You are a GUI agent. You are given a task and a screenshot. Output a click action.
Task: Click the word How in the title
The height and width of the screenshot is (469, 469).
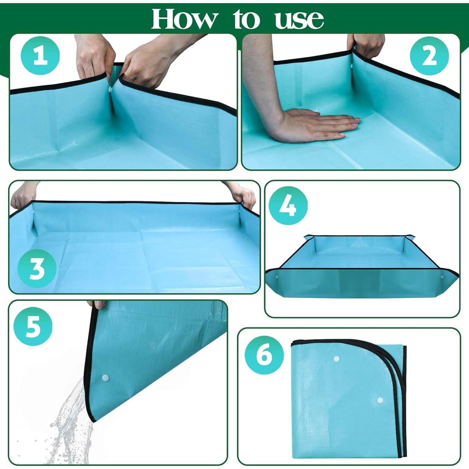tap(184, 19)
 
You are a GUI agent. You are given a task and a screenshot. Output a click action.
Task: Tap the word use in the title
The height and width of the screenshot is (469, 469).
tap(299, 20)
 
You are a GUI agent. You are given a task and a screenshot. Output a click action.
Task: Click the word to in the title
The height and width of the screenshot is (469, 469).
tap(246, 19)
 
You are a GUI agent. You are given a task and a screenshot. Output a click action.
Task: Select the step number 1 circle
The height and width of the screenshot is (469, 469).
tap(40, 56)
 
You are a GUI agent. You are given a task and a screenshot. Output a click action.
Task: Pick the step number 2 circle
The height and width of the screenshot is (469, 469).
tap(429, 56)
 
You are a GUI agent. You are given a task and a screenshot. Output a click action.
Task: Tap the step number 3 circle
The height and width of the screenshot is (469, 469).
tap(37, 269)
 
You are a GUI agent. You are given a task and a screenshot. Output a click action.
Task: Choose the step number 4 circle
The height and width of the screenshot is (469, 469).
tap(288, 205)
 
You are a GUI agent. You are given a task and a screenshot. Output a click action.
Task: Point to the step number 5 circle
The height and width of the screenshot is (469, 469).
tap(33, 326)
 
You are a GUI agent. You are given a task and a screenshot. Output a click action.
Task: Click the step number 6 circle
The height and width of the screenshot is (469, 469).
tap(264, 355)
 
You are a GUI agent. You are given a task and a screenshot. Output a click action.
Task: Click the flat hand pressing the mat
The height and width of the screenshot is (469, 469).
tap(313, 125)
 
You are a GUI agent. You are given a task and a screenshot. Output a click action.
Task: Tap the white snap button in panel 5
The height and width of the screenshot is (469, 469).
tap(105, 378)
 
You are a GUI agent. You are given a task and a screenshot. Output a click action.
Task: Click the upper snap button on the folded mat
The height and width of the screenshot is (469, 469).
tap(336, 359)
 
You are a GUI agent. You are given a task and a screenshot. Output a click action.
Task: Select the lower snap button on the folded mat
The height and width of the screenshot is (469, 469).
tap(380, 400)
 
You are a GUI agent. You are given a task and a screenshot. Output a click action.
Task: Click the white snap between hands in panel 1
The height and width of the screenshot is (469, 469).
tap(110, 89)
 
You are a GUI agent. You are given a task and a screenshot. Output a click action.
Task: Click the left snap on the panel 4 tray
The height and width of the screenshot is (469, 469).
tap(277, 277)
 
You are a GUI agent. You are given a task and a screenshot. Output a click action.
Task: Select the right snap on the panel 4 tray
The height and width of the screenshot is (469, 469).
tap(442, 277)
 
